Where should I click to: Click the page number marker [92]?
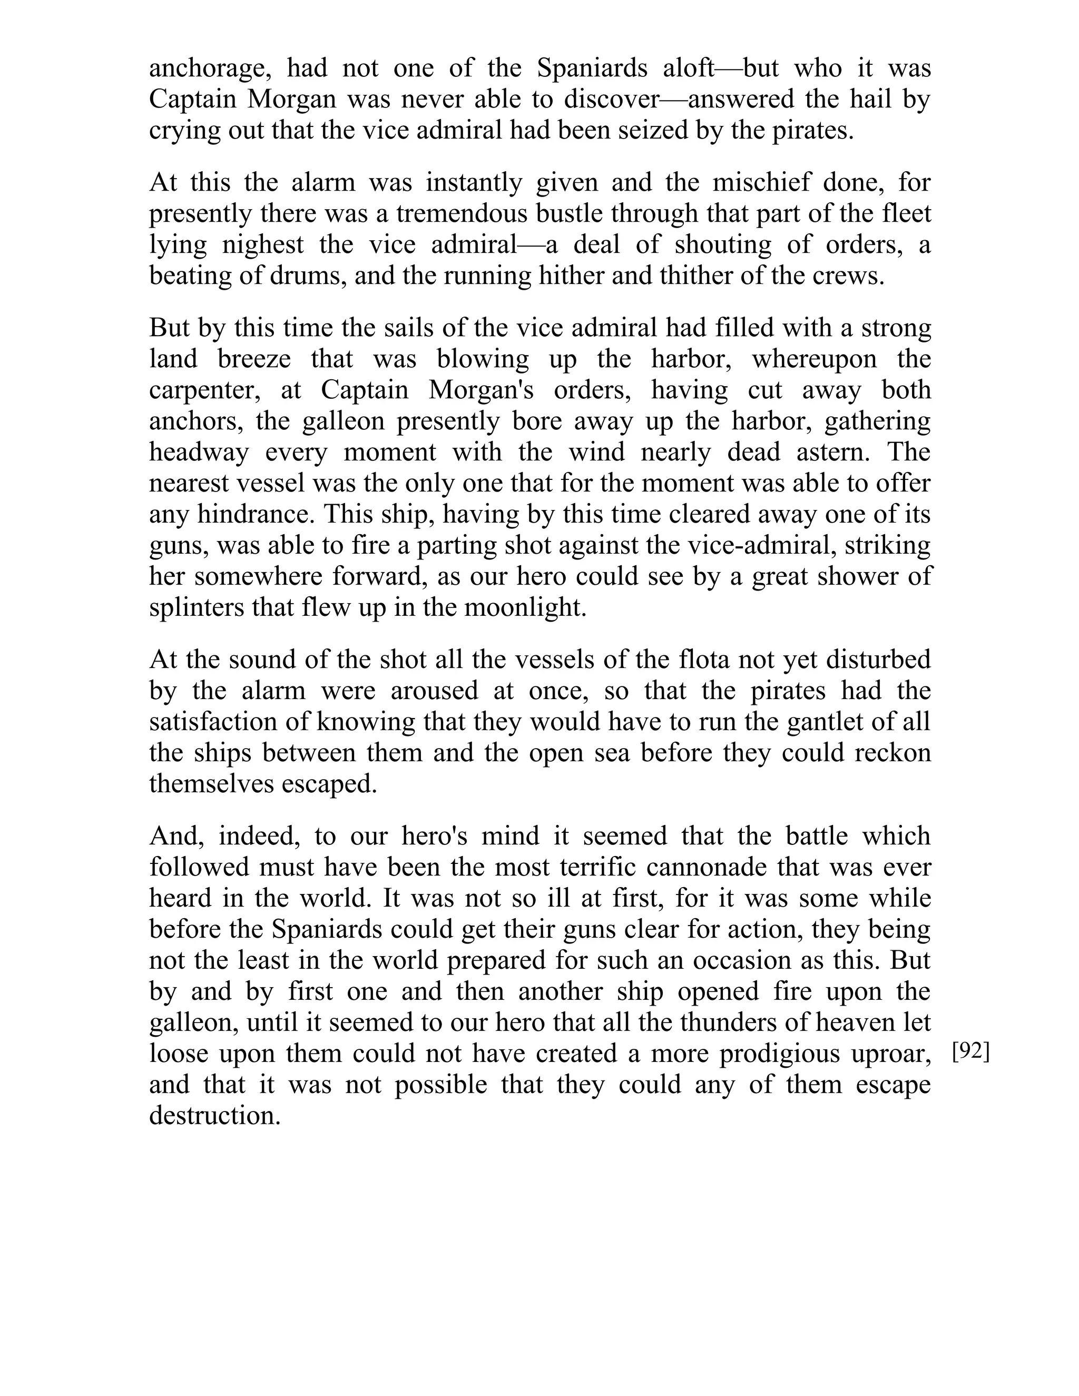pyautogui.click(x=970, y=1051)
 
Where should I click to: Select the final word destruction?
pyautogui.click(x=215, y=1115)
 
